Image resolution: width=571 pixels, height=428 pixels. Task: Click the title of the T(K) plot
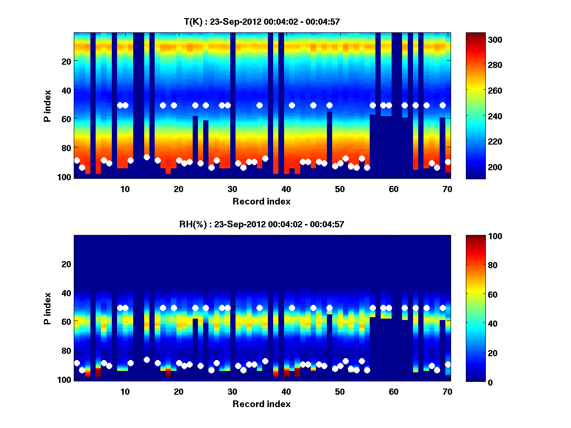point(262,21)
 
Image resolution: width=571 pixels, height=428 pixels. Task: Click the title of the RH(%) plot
point(262,224)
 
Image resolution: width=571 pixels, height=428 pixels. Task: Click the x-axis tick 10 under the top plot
point(125,189)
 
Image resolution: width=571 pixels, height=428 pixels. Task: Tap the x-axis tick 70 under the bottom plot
point(447,391)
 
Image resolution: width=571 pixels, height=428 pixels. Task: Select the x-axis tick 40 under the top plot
point(286,189)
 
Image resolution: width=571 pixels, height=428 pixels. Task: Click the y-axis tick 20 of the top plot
point(66,61)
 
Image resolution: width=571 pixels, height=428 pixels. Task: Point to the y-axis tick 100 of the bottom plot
point(64,379)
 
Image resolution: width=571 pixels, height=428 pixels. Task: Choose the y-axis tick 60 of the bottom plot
point(66,321)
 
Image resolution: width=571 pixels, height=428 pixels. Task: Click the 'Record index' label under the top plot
point(262,201)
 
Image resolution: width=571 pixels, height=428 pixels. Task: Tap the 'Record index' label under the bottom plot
point(262,404)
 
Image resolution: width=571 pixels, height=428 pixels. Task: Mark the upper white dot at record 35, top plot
point(259,105)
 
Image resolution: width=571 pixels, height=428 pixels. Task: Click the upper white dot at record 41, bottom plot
point(292,308)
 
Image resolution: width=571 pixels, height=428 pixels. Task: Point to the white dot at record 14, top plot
point(147,157)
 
